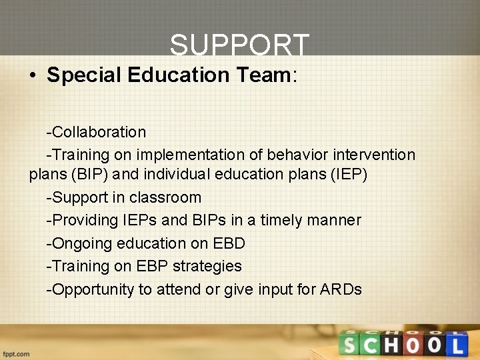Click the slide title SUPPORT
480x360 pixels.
pyautogui.click(x=239, y=46)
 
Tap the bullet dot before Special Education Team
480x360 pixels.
pyautogui.click(x=33, y=75)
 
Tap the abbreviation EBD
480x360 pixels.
pyautogui.click(x=228, y=243)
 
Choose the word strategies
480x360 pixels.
pyautogui.click(x=207, y=266)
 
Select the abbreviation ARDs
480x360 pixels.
pyautogui.click(x=341, y=289)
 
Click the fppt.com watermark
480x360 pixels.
pyautogui.click(x=16, y=353)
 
